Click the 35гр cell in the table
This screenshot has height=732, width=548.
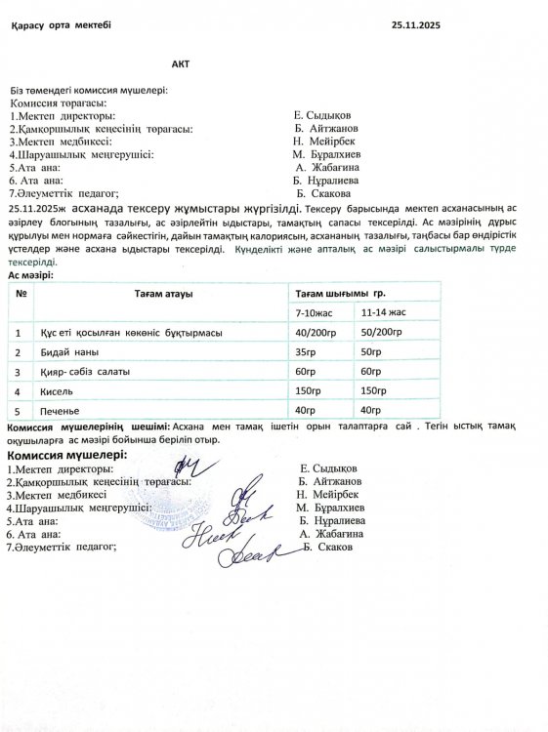pos(306,351)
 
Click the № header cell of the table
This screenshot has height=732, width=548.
pos(19,294)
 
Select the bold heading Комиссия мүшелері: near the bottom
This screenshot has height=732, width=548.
pos(67,456)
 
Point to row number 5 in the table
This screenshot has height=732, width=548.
pos(19,410)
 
